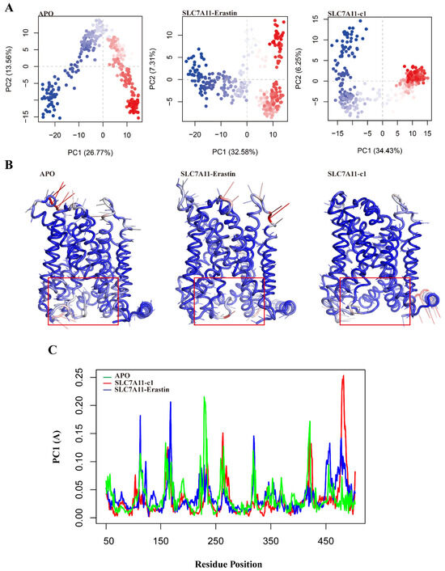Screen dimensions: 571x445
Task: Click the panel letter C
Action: pos(7,351)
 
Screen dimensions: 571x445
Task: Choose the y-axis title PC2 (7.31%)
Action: pos(159,74)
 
